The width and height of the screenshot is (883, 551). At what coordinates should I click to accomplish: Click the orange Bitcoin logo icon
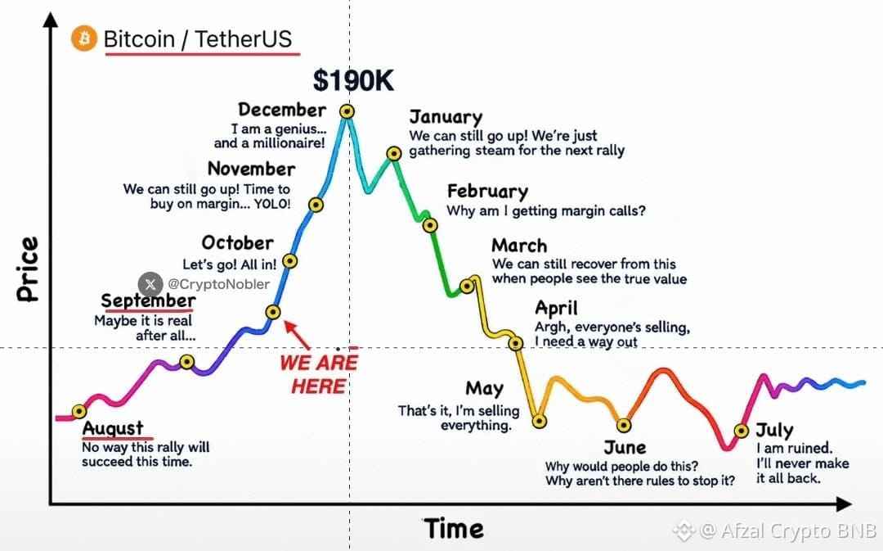point(84,38)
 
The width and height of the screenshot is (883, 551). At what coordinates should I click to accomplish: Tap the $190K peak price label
point(353,81)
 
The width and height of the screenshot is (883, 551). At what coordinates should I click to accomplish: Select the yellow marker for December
point(347,111)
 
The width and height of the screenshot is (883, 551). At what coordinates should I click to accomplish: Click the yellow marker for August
point(79,411)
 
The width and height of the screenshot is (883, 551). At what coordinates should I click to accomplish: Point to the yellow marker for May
point(540,421)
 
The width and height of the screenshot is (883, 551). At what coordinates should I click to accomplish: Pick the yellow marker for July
point(742,431)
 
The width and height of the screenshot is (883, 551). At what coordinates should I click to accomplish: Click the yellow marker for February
point(430,226)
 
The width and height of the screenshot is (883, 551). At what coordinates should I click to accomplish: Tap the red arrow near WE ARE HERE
point(297,334)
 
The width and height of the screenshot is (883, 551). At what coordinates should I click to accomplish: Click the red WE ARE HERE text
point(319,374)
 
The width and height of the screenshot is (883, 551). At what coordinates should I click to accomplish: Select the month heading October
point(238,242)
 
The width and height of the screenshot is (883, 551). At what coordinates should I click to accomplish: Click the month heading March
point(519,246)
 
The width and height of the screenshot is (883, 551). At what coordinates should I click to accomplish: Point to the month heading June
point(625,447)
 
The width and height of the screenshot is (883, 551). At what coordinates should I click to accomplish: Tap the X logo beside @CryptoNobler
point(150,284)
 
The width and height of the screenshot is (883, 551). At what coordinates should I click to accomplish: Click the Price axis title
point(27,269)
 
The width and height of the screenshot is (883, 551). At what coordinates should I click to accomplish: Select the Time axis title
point(453,529)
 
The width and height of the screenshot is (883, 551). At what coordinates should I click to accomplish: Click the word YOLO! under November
point(272,204)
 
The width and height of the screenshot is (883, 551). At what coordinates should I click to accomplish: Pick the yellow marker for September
point(187,362)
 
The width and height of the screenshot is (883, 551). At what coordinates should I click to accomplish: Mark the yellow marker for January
point(394,153)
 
